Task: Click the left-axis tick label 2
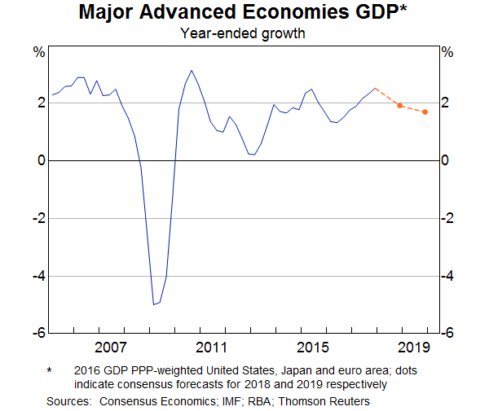click(39, 103)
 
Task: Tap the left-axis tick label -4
click(37, 277)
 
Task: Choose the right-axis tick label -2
click(449, 219)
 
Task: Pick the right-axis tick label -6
click(449, 334)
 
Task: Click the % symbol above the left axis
click(38, 53)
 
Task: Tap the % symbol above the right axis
click(447, 53)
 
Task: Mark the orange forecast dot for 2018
click(399, 106)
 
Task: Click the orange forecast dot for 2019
click(425, 111)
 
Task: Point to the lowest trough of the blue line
click(153, 304)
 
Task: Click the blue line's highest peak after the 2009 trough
click(192, 71)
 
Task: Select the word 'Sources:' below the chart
click(69, 400)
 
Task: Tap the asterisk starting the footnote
click(50, 371)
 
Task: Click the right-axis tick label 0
click(447, 161)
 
